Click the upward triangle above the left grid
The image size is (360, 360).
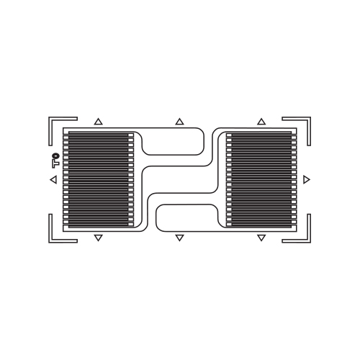pyautogui.click(x=98, y=122)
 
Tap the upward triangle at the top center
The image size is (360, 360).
pyautogui.click(x=179, y=122)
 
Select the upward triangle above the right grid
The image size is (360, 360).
pyautogui.click(x=261, y=122)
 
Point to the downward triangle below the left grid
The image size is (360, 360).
pyautogui.click(x=99, y=238)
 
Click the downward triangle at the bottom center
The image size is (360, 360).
pyautogui.click(x=179, y=238)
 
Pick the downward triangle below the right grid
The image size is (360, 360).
pyautogui.click(x=261, y=238)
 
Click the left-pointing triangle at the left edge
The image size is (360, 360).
pyautogui.click(x=54, y=179)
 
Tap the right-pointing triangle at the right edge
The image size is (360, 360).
pyautogui.click(x=307, y=179)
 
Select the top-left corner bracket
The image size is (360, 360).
pyautogui.click(x=50, y=119)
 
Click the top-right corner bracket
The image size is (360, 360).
pyautogui.click(x=309, y=119)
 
